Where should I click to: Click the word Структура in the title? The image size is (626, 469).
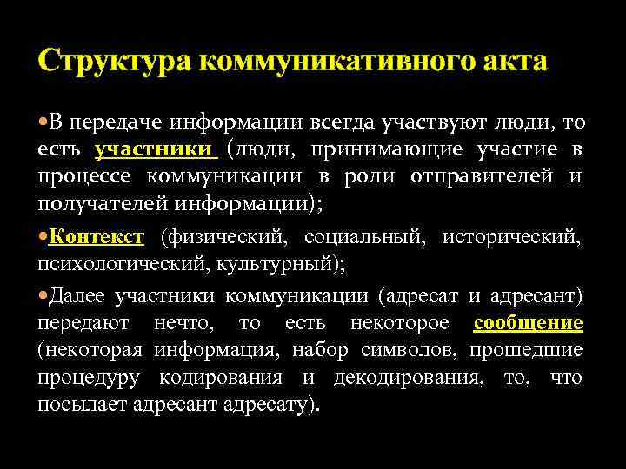click(x=115, y=62)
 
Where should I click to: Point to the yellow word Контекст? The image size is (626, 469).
click(x=96, y=236)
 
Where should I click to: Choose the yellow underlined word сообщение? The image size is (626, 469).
click(x=528, y=323)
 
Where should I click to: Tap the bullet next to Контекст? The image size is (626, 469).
click(x=43, y=236)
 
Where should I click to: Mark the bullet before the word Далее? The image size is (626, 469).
click(x=43, y=295)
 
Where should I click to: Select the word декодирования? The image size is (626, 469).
click(x=402, y=378)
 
